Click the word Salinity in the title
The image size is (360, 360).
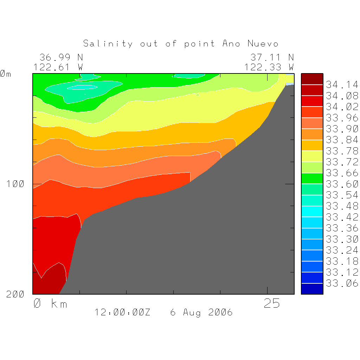(x=108, y=44)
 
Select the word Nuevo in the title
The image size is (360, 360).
(x=263, y=44)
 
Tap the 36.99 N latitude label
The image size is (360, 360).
(x=61, y=57)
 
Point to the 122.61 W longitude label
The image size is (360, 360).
(x=58, y=67)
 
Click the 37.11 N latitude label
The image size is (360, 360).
(x=272, y=57)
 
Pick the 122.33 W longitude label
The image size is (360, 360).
(x=269, y=67)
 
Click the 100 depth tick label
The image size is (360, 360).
(x=15, y=184)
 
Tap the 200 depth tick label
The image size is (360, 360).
(x=15, y=294)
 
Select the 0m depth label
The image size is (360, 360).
(x=6, y=74)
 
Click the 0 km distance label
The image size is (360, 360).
(x=50, y=303)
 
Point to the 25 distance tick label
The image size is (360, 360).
(x=272, y=303)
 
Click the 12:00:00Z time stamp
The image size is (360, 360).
(x=122, y=312)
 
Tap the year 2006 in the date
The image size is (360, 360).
(x=220, y=312)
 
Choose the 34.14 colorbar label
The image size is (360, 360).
(x=342, y=85)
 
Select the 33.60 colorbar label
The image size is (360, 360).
(x=342, y=184)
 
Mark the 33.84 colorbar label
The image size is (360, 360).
(x=342, y=140)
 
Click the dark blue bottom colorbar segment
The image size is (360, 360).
(x=312, y=289)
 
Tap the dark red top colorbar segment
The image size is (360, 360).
(x=312, y=79)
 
